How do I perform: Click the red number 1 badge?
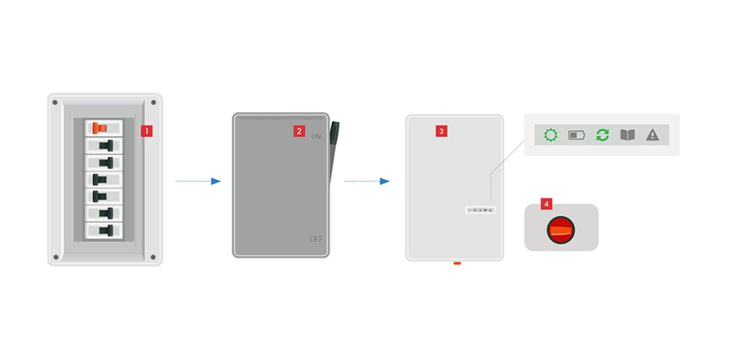pos(147,131)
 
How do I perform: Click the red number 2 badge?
pos(299,131)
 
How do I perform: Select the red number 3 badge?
pos(441,131)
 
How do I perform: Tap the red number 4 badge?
pos(546,204)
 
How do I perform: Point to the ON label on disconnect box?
pos(316,137)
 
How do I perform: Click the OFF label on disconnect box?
pos(316,240)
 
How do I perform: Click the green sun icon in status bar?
pos(551,135)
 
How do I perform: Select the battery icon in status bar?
pos(577,135)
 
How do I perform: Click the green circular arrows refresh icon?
pos(602,135)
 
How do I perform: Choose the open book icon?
pos(627,135)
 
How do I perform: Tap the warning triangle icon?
pos(652,135)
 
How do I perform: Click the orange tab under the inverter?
pos(457,264)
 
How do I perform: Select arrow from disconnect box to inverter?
pos(367,181)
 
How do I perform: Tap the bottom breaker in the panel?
pos(103,230)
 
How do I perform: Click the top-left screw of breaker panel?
pos(55,103)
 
